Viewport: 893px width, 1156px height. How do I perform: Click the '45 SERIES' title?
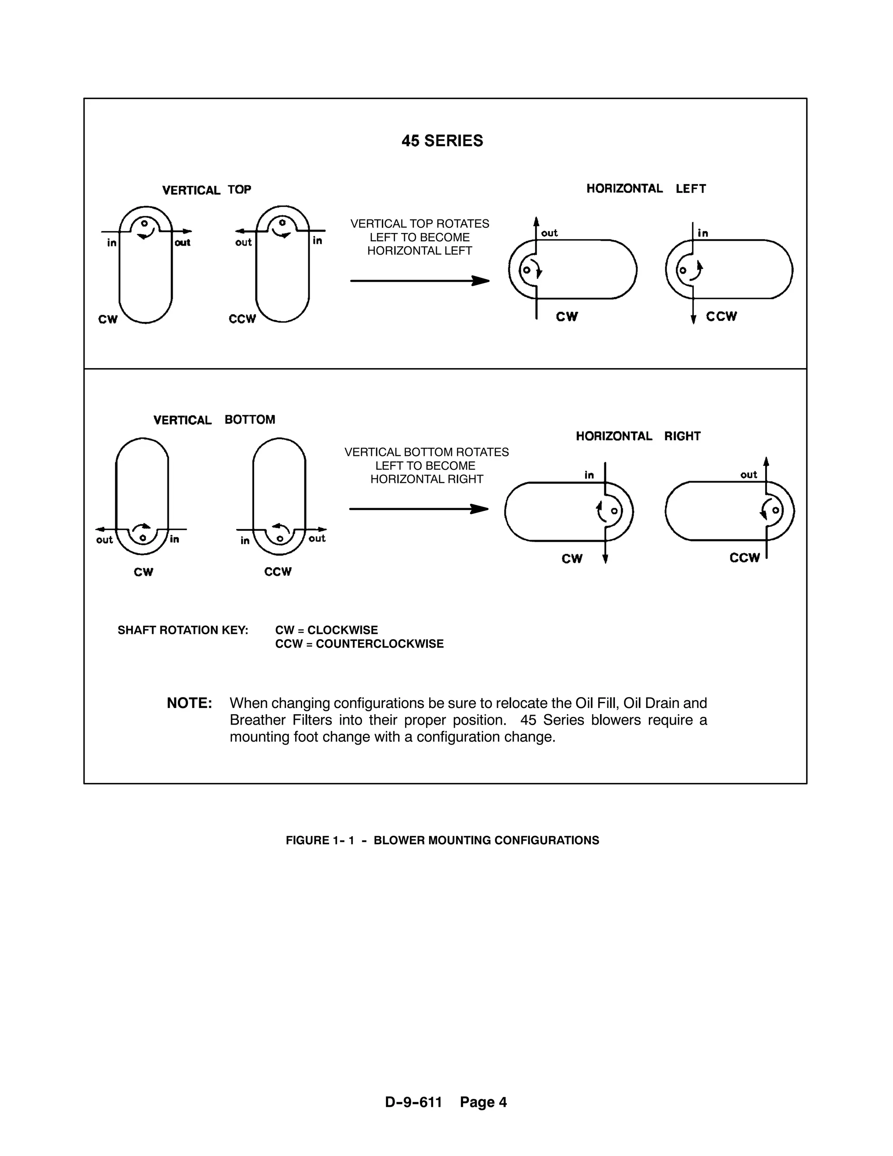(442, 141)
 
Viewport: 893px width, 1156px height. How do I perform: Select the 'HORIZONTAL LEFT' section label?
(646, 188)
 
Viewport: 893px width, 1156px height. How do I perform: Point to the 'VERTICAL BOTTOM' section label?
(214, 420)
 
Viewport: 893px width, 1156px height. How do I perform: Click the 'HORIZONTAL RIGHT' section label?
(638, 436)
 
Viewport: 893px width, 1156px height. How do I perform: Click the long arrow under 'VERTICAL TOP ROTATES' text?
(419, 280)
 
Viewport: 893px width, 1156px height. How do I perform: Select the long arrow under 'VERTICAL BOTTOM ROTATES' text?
(419, 509)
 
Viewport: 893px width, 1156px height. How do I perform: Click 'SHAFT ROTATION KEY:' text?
(183, 630)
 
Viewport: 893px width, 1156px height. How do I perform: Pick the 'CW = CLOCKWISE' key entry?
(327, 630)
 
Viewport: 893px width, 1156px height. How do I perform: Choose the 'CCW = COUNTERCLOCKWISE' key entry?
(359, 643)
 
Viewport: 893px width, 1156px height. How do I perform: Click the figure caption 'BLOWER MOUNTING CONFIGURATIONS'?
(486, 840)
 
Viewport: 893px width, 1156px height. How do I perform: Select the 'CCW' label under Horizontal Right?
(744, 557)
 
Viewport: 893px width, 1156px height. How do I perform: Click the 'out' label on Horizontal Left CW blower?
(549, 233)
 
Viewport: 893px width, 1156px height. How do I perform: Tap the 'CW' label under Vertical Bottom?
(143, 571)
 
